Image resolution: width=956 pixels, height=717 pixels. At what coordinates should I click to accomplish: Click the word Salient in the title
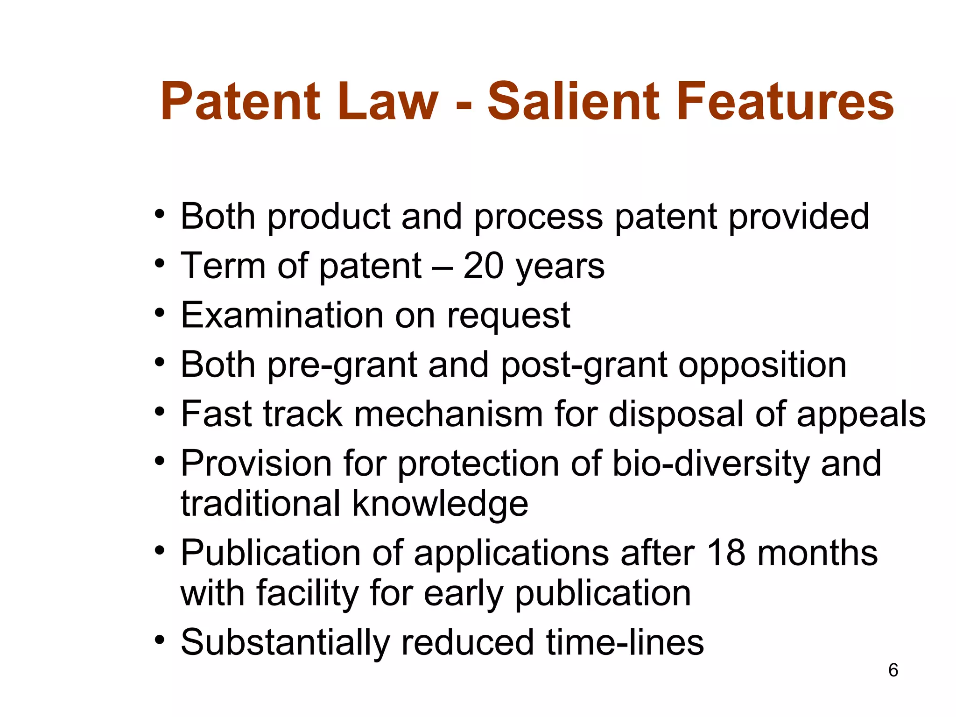573,101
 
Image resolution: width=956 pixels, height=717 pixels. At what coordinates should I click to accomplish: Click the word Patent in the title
240,101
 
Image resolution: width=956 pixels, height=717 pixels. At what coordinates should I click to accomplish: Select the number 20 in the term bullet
483,266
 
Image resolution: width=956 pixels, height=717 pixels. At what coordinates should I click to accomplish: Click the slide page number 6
893,670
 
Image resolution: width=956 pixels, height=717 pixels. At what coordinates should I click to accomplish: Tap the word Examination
282,316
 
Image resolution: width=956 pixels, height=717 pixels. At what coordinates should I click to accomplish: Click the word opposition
762,365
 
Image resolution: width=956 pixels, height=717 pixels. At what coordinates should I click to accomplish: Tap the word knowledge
440,505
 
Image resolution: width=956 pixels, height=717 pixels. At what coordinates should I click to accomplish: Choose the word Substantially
285,643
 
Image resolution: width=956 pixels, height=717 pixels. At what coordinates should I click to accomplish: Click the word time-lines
625,642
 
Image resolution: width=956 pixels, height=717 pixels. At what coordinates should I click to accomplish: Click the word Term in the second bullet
223,266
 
